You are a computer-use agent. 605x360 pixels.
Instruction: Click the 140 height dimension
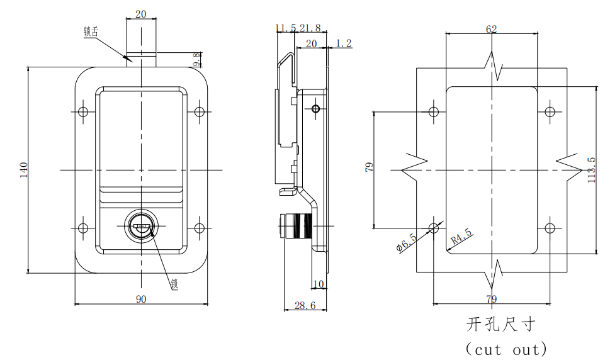23,170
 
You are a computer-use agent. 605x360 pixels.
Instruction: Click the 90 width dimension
140,299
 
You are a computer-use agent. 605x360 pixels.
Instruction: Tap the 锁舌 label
91,31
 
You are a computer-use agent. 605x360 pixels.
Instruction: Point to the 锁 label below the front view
174,284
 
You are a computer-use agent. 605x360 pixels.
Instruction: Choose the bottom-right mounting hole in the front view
199,227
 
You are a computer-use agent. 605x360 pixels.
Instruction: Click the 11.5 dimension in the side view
285,28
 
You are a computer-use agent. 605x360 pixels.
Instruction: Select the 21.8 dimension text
310,28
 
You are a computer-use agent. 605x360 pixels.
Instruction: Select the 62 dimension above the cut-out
491,29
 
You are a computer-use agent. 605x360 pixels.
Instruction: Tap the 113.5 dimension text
591,170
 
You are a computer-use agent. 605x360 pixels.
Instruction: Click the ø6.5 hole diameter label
407,242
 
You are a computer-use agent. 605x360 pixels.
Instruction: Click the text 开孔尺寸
500,324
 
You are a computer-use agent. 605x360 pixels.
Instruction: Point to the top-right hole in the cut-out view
550,112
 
